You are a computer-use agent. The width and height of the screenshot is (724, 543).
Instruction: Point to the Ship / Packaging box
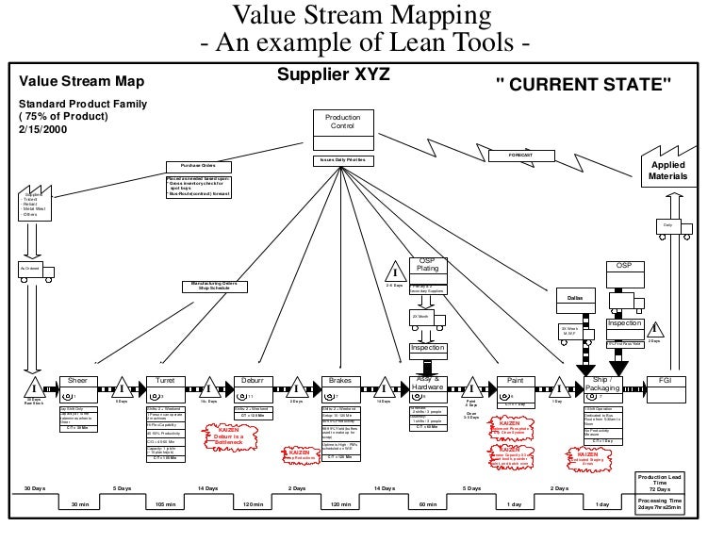(603, 386)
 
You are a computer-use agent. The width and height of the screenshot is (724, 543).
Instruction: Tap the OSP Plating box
(427, 267)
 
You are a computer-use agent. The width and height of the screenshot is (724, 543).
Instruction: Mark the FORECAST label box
(523, 153)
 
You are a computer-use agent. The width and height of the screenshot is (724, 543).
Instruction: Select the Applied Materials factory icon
(668, 167)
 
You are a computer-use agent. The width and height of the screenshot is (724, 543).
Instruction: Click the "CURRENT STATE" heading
(584, 86)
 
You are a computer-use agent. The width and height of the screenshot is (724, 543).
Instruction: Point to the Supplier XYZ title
(333, 74)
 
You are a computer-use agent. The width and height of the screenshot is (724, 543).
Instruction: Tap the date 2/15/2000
(40, 129)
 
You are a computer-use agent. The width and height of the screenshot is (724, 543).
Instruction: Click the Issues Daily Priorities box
(342, 160)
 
